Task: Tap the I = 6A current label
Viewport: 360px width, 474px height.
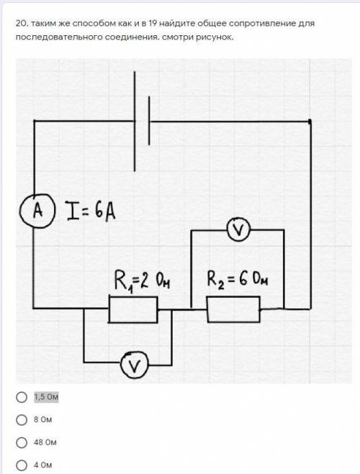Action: pos(91,211)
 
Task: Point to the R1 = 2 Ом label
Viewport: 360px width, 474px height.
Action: pos(142,281)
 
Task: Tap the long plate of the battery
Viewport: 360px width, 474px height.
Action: pos(135,122)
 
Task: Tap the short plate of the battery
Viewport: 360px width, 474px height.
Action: pos(149,121)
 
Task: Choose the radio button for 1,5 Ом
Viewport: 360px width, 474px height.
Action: pos(22,397)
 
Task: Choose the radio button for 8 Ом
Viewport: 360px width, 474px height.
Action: pos(22,419)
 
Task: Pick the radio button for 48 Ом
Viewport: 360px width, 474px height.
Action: pos(22,442)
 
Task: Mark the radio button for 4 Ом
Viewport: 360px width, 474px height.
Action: pos(22,465)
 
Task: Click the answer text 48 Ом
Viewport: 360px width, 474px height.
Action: pos(45,442)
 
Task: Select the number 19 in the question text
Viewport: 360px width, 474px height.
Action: pos(153,23)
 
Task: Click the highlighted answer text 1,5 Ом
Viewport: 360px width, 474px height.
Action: pos(46,397)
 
